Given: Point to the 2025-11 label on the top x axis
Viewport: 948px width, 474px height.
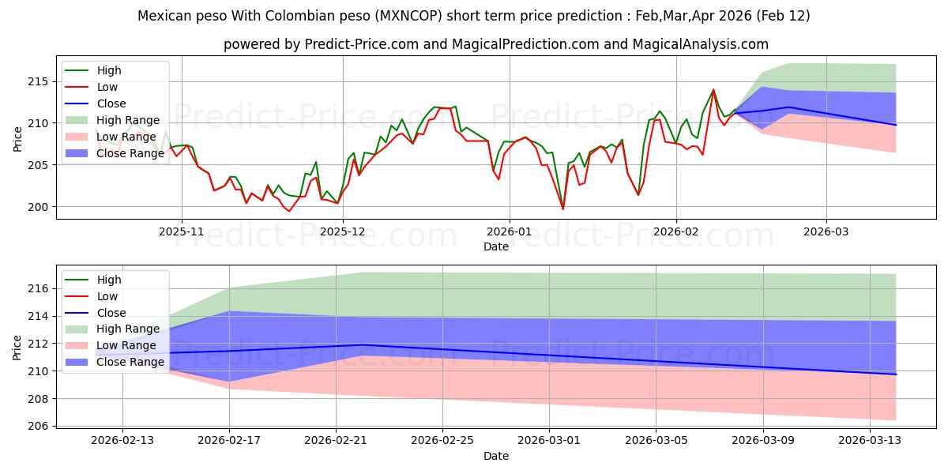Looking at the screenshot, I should tap(182, 231).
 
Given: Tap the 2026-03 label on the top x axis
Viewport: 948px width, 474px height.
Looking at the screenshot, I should tap(826, 231).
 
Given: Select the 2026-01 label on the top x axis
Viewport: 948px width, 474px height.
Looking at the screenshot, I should tap(509, 231).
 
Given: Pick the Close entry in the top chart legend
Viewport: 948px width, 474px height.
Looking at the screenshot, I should tap(111, 103).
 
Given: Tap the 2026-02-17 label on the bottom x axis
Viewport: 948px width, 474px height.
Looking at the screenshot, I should tap(229, 441).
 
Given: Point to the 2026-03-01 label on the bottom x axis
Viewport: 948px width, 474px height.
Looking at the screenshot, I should tap(550, 441).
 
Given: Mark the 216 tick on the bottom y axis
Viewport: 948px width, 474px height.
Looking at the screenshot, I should tap(41, 289).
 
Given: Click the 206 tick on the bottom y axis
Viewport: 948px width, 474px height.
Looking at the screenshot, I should tap(41, 427).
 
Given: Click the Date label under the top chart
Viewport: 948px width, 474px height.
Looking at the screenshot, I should tap(495, 246).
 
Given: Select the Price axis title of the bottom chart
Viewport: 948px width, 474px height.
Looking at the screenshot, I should tap(17, 348).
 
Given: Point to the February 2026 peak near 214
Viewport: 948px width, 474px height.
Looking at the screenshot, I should tap(713, 89).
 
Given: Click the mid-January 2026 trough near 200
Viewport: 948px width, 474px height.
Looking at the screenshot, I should tap(563, 209).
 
